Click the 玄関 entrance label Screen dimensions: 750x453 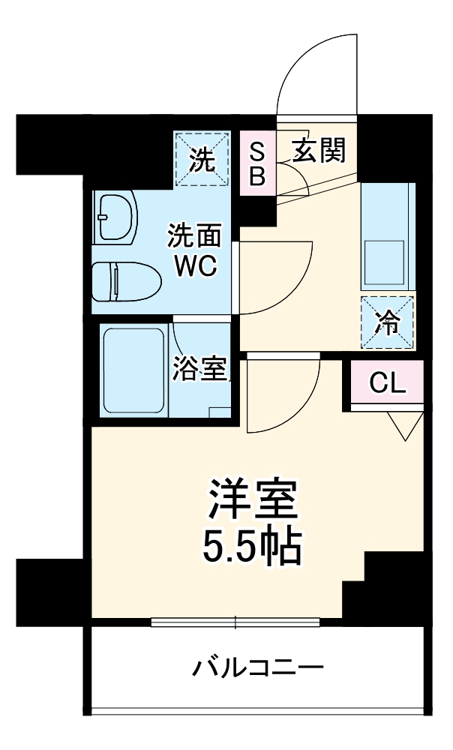tap(319, 152)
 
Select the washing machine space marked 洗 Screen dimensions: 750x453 tap(201, 158)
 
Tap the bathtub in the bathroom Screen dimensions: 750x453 tap(133, 371)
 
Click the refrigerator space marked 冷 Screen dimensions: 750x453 tap(387, 322)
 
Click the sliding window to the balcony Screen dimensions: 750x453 tap(236, 622)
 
